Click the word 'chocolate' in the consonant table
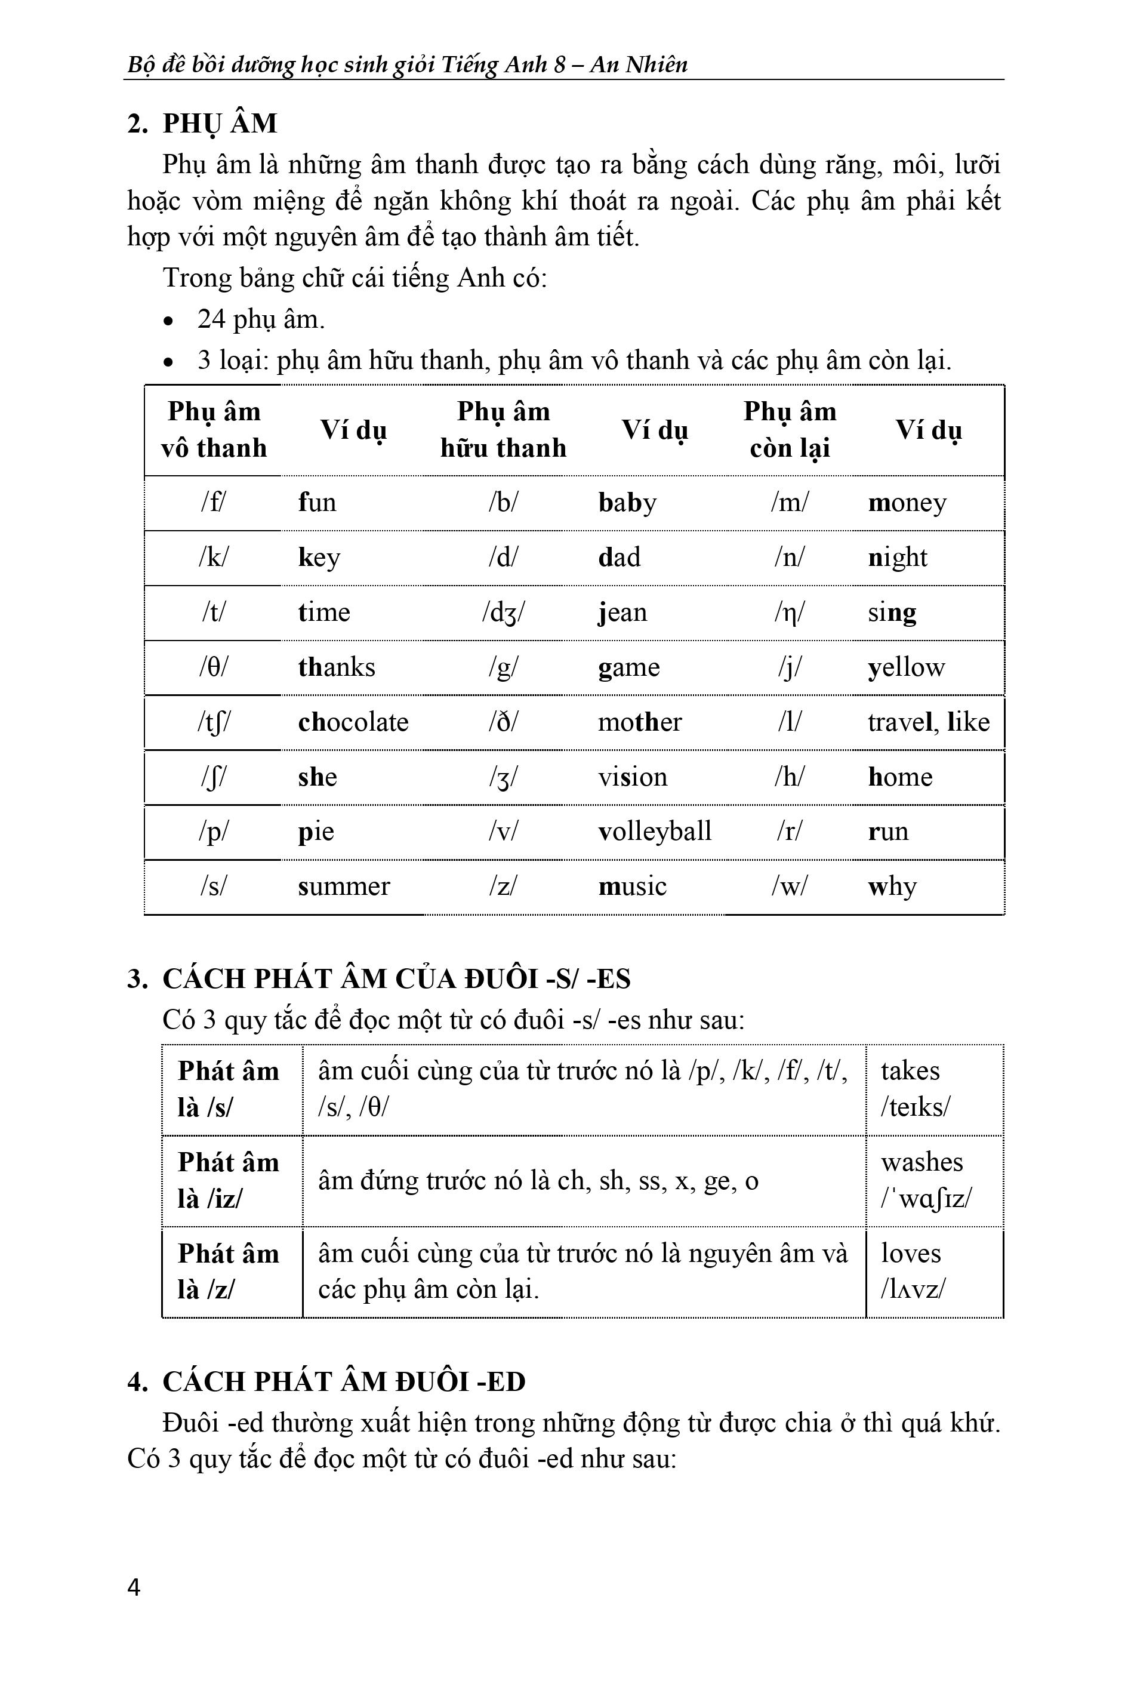click(x=353, y=722)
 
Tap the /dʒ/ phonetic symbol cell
click(x=503, y=612)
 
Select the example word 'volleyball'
click(x=654, y=831)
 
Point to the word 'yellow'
click(x=906, y=667)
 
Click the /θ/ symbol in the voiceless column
click(x=213, y=667)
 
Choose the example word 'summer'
click(x=343, y=886)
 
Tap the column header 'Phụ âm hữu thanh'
click(x=503, y=430)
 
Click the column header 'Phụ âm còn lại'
click(x=789, y=430)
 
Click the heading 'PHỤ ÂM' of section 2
click(x=220, y=124)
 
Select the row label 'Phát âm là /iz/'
click(x=228, y=1181)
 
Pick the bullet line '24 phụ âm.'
click(x=261, y=319)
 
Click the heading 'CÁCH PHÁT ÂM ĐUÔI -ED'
click(x=344, y=1381)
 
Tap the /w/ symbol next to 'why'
click(x=789, y=886)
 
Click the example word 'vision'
click(x=633, y=776)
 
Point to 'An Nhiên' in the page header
click(x=638, y=64)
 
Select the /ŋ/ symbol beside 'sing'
click(x=789, y=612)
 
